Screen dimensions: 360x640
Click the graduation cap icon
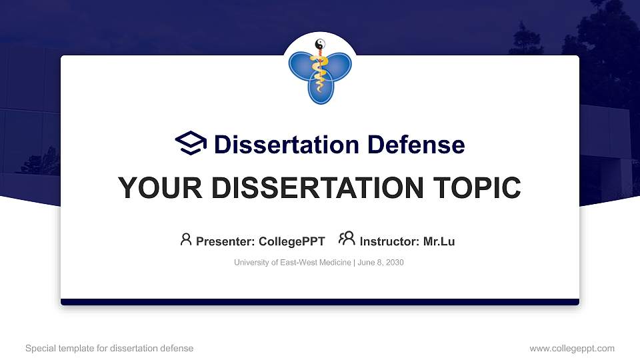(191, 143)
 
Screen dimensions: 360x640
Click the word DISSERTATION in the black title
(320, 188)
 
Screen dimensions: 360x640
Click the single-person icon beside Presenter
(186, 239)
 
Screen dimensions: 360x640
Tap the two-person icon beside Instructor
(347, 239)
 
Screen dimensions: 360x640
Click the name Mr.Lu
(439, 241)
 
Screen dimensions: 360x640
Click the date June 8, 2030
(381, 263)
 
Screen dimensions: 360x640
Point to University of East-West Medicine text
(292, 263)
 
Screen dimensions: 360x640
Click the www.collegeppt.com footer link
(571, 348)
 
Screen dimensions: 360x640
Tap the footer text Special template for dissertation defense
(109, 348)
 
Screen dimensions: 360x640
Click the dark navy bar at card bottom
(320, 302)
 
